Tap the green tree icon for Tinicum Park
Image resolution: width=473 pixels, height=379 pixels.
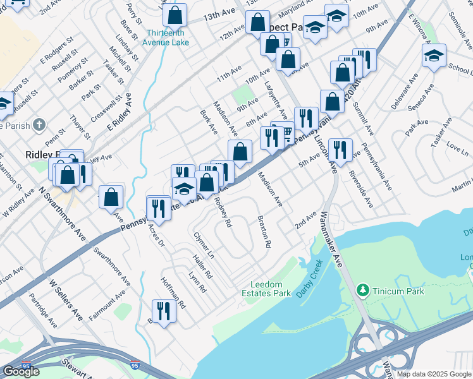tap(363, 290)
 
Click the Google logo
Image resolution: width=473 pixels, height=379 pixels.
tap(21, 371)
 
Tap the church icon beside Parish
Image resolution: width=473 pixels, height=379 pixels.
tap(39, 125)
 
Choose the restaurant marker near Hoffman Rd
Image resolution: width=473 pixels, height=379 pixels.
tap(163, 311)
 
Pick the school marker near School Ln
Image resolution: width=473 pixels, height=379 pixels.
tap(434, 56)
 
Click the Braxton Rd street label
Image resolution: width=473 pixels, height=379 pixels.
tap(264, 231)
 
